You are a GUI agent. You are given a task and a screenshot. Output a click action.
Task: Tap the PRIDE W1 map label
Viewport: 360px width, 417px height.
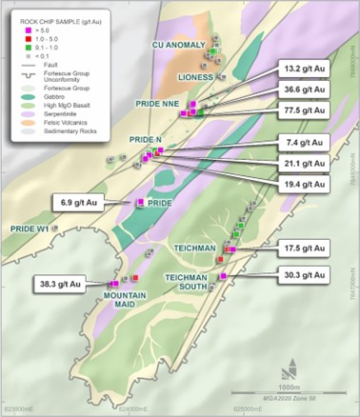[x=29, y=228]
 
